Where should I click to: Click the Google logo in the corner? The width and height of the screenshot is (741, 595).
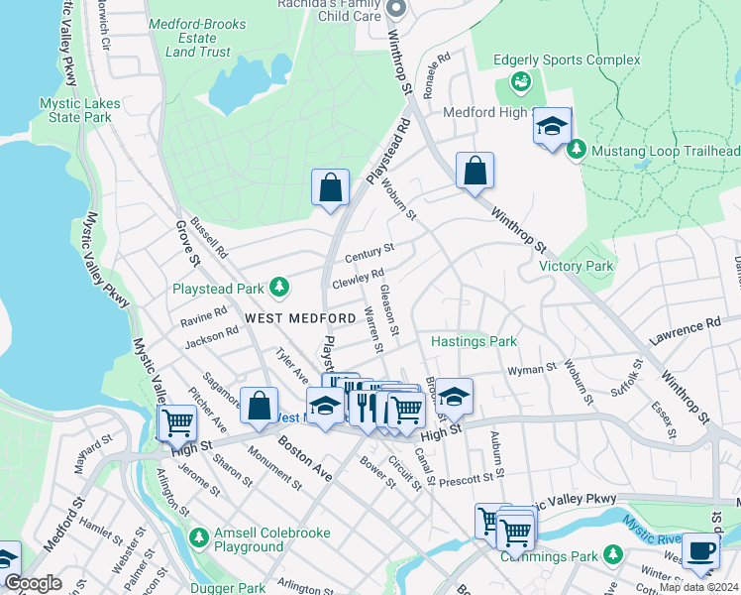(33, 583)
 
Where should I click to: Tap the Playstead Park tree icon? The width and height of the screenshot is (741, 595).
(281, 288)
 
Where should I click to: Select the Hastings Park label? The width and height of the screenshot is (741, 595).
(474, 342)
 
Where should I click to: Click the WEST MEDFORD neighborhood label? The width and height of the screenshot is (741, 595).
(300, 317)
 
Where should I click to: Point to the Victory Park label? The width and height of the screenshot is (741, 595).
(576, 266)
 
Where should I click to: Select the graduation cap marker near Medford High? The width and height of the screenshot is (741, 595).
(552, 127)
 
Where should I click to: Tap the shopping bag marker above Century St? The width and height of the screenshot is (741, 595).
(330, 186)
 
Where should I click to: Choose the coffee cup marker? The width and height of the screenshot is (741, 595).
(700, 551)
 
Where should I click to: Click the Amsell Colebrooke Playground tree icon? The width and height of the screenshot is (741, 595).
(199, 538)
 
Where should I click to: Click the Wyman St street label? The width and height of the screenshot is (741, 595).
(532, 369)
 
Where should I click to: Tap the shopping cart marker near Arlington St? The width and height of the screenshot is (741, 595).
(177, 423)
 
